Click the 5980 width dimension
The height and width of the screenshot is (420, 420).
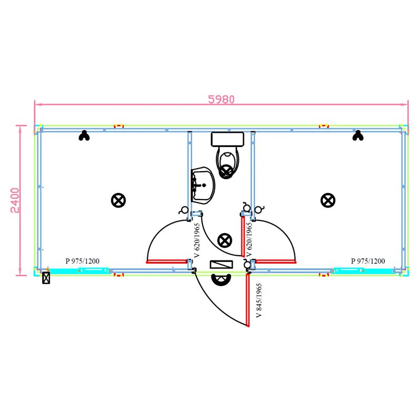[x=221, y=99]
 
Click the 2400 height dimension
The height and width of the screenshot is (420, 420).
[x=15, y=201]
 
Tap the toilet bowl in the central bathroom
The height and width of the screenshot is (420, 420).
[x=228, y=162]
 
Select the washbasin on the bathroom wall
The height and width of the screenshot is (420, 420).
[x=203, y=185]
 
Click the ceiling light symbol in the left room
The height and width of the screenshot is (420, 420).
[x=119, y=201]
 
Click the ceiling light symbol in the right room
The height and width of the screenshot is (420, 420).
[x=328, y=201]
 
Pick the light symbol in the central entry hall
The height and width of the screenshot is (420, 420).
[x=225, y=240]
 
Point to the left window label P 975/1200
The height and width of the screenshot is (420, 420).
[x=82, y=261]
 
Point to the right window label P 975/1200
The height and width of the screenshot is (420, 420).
[x=368, y=261]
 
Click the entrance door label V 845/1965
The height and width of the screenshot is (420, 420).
[x=259, y=300]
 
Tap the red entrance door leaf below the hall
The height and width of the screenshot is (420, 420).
[x=248, y=299]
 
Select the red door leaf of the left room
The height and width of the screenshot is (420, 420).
[x=166, y=261]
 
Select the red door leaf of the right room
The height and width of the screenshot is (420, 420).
[x=276, y=261]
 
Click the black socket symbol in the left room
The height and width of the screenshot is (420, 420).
[x=84, y=135]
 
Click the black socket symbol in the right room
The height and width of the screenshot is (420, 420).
[x=358, y=135]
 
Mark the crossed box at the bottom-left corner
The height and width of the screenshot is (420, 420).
[x=46, y=278]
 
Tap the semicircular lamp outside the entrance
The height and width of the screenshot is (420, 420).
[x=221, y=280]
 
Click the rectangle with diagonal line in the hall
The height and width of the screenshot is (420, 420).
[x=221, y=265]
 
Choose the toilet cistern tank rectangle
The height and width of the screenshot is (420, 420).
[x=227, y=139]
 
